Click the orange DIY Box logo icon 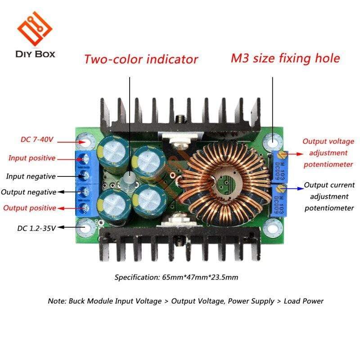pyautogui.click(x=35, y=29)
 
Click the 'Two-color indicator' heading pyautogui.click(x=141, y=59)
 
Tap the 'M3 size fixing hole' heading pyautogui.click(x=285, y=58)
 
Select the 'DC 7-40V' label pyautogui.click(x=37, y=140)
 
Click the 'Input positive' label pyautogui.click(x=32, y=158)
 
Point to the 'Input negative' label pyautogui.click(x=31, y=176)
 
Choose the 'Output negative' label pyautogui.click(x=28, y=192)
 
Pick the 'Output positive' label pyautogui.click(x=32, y=208)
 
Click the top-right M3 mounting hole pyautogui.click(x=272, y=141)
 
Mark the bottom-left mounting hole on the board pyautogui.click(x=84, y=228)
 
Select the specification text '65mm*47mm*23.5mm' pyautogui.click(x=199, y=277)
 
